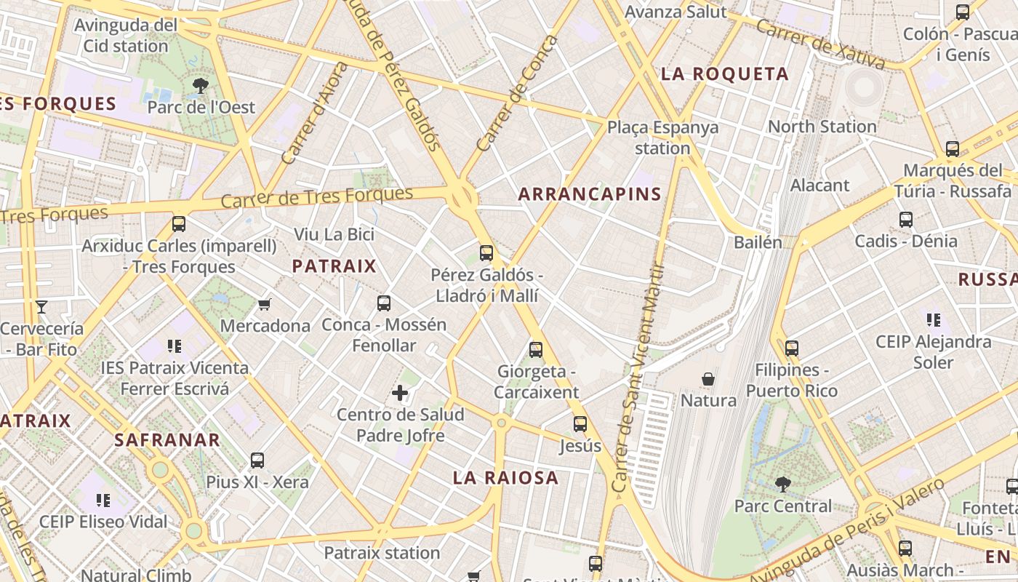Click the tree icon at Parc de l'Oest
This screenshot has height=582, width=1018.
pyautogui.click(x=201, y=86)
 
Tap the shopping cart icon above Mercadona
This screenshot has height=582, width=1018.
pyautogui.click(x=265, y=304)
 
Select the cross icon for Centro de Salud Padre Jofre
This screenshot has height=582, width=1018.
pyautogui.click(x=400, y=394)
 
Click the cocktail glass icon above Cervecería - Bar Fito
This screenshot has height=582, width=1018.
pyautogui.click(x=41, y=307)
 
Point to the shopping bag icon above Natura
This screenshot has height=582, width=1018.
pyautogui.click(x=708, y=379)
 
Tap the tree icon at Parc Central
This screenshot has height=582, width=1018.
pyautogui.click(x=782, y=484)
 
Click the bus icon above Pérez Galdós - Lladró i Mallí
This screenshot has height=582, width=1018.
pyautogui.click(x=486, y=253)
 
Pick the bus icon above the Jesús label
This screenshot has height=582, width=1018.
pyautogui.click(x=580, y=424)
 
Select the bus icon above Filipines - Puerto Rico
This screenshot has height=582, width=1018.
pyautogui.click(x=792, y=348)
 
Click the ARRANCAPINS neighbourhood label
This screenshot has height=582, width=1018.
pyautogui.click(x=590, y=194)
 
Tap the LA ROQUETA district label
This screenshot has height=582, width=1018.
pyautogui.click(x=724, y=73)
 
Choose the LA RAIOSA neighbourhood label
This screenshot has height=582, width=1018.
pyautogui.click(x=505, y=478)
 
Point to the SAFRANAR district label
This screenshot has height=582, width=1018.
pyautogui.click(x=167, y=439)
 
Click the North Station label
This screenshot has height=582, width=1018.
pyautogui.click(x=822, y=127)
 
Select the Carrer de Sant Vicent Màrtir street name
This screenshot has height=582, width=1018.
pyautogui.click(x=639, y=378)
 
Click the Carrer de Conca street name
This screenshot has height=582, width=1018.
pyautogui.click(x=517, y=92)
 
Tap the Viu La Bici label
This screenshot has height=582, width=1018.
pyautogui.click(x=334, y=234)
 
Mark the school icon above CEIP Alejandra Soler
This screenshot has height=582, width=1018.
pyautogui.click(x=934, y=319)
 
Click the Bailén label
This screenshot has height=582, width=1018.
pyautogui.click(x=758, y=242)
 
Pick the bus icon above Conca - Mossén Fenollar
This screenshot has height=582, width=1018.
pyautogui.click(x=384, y=303)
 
